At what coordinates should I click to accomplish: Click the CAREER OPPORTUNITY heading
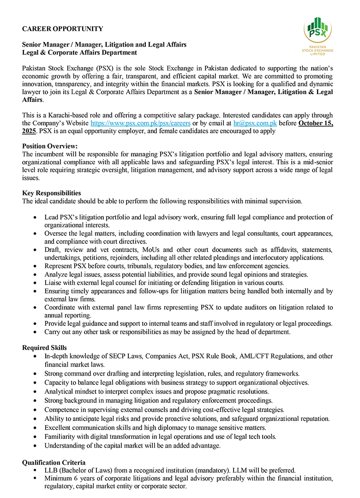[63, 29]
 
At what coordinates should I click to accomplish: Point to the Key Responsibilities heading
[52, 193]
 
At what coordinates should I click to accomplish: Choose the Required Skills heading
[44, 347]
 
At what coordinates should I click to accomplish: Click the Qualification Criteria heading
[54, 462]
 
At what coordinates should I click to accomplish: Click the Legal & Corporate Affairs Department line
[80, 52]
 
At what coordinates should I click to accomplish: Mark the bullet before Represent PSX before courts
[36, 266]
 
